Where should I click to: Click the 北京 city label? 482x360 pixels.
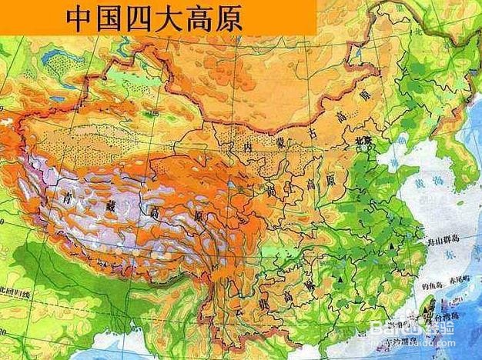pyautogui.click(x=361, y=141)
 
